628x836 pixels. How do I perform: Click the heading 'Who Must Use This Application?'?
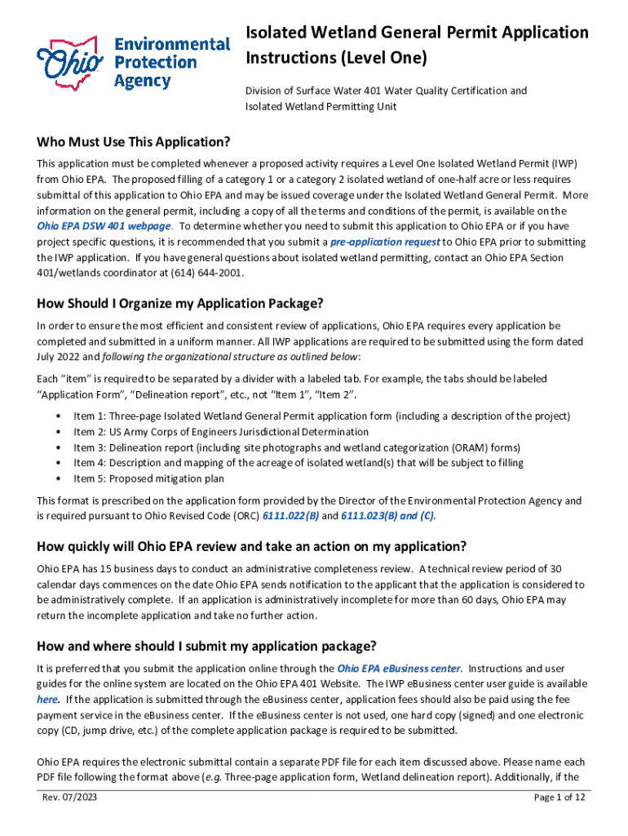pos(134,142)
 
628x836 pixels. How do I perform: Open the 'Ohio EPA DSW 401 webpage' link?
pos(104,226)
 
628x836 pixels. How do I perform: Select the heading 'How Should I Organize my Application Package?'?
pos(180,304)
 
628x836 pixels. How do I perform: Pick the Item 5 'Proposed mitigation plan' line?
pos(148,478)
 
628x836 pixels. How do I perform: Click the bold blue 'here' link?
pos(46,700)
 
